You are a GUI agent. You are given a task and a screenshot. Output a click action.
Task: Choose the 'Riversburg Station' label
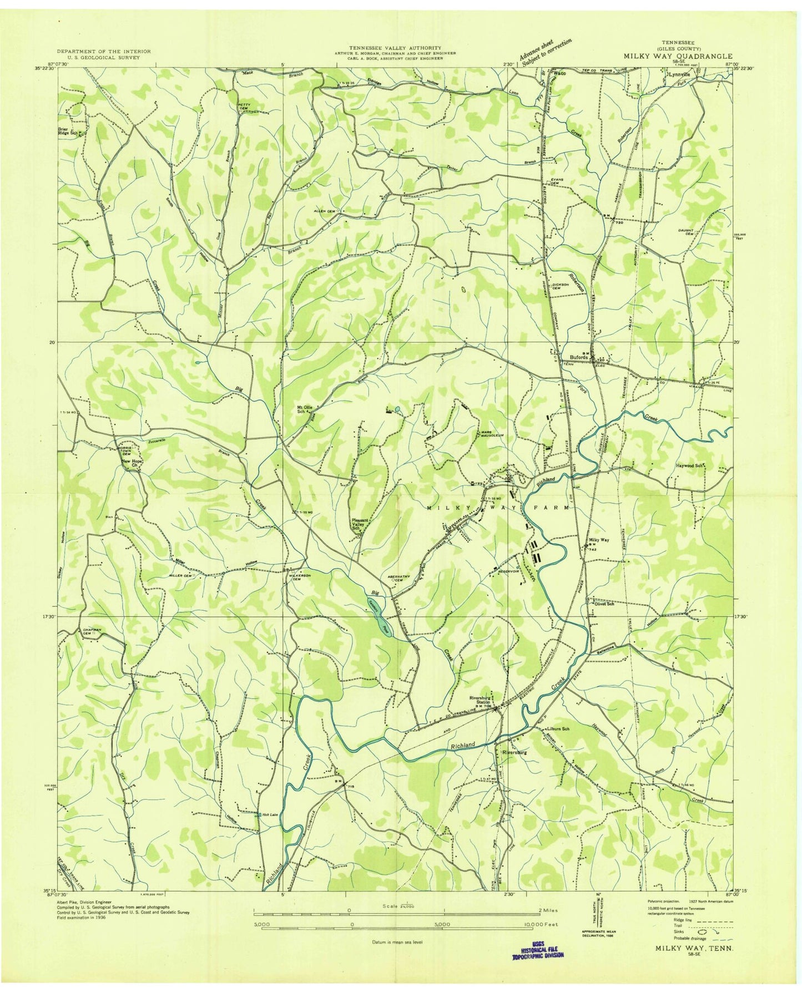pyautogui.click(x=480, y=700)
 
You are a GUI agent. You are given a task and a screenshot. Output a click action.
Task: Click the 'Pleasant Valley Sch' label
pyautogui.click(x=362, y=525)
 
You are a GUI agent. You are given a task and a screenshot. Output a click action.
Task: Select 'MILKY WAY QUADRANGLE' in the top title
pyautogui.click(x=677, y=56)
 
